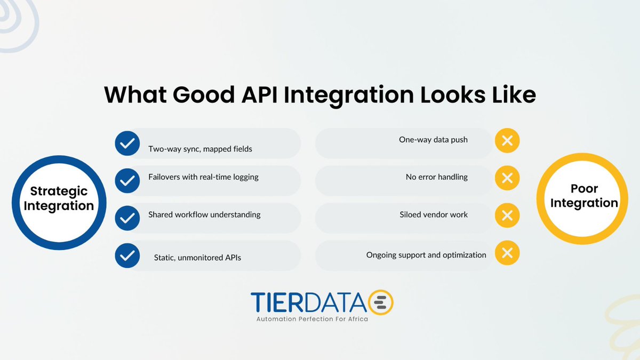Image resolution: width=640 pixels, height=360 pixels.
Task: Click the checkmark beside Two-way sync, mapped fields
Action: [x=127, y=143]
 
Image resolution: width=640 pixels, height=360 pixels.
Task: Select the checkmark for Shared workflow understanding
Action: [x=127, y=218]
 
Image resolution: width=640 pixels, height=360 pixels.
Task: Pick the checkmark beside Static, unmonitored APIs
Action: [x=127, y=255]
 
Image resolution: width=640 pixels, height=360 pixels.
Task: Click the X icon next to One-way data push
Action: [x=507, y=141]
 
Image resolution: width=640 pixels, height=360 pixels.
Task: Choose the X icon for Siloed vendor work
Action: [x=507, y=216]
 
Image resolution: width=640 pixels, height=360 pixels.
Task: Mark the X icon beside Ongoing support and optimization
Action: [x=507, y=253]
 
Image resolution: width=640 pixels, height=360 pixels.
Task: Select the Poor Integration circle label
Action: [x=584, y=196]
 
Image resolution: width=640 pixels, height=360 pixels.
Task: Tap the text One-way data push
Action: [x=433, y=140]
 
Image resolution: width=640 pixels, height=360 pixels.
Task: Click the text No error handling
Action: [x=436, y=177]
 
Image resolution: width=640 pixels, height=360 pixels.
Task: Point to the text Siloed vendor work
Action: [x=434, y=214]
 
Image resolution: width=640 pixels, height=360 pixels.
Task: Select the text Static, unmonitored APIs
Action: [x=197, y=258]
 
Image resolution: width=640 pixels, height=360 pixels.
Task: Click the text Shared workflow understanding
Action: [x=204, y=214]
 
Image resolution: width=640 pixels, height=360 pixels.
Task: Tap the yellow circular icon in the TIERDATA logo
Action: [x=381, y=303]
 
